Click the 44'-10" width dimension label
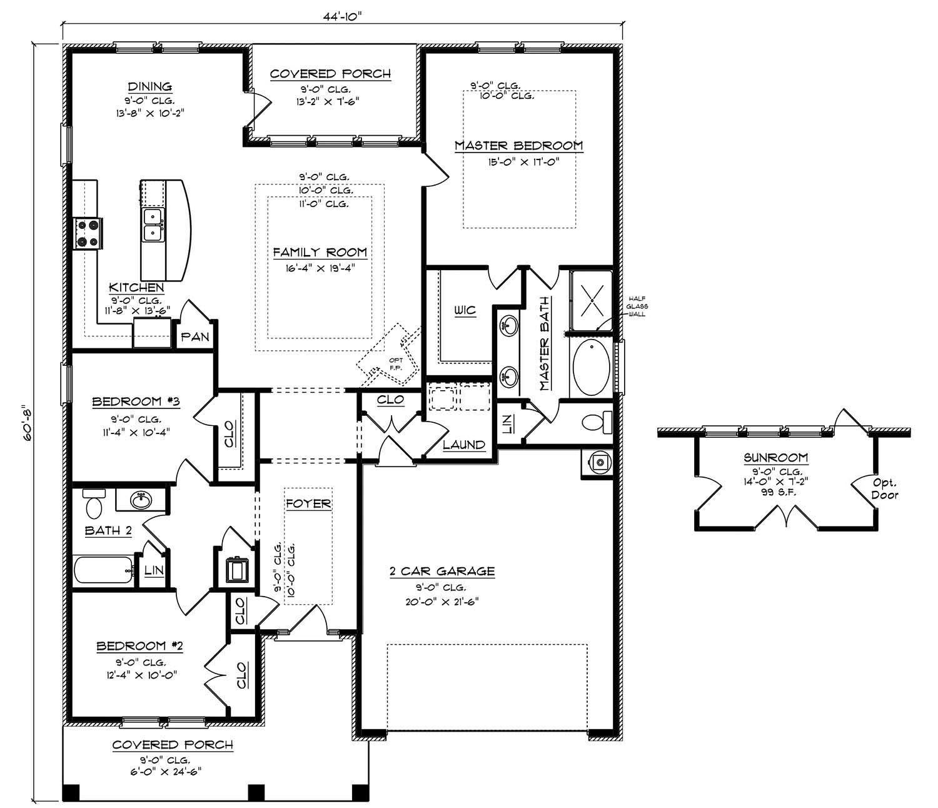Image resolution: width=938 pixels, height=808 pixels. click(x=343, y=16)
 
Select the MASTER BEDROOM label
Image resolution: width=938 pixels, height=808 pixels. click(x=518, y=145)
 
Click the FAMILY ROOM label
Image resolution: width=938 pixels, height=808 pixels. click(x=320, y=252)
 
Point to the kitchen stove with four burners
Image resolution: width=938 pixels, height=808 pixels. click(x=88, y=233)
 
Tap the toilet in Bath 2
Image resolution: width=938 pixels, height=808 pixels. click(x=94, y=503)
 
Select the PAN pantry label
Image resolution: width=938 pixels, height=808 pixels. click(x=195, y=336)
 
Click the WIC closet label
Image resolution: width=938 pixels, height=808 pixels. click(x=465, y=310)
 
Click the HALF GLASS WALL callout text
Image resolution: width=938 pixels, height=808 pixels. click(x=637, y=306)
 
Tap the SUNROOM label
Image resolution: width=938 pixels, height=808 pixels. click(x=775, y=458)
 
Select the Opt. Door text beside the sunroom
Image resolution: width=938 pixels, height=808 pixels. click(x=884, y=489)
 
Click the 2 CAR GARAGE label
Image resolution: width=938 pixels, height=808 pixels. click(x=442, y=570)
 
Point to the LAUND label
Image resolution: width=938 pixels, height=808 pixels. click(x=464, y=445)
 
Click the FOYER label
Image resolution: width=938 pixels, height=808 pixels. click(x=308, y=503)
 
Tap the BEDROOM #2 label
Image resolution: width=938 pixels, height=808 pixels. click(x=140, y=645)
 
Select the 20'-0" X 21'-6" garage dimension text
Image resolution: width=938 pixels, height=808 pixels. click(x=442, y=602)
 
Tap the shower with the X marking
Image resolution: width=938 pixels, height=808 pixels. click(x=592, y=301)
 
